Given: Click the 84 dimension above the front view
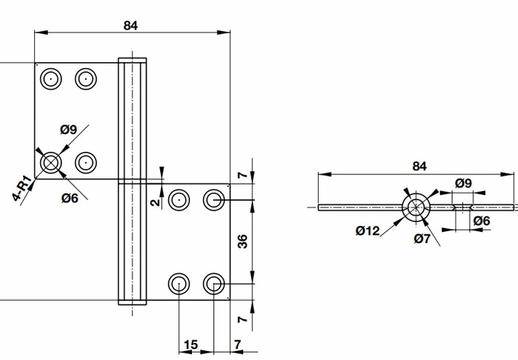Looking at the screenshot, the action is (130, 25).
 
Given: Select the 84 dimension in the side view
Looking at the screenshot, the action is (419, 166).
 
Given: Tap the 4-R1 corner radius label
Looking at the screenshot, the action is (22, 189).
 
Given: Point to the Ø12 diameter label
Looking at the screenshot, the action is (368, 230).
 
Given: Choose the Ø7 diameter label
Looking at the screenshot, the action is (422, 238).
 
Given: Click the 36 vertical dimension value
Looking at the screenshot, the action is (242, 241).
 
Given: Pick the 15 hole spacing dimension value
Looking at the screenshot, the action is (190, 344).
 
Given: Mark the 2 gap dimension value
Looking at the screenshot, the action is (155, 202).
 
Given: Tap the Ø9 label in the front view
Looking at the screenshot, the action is (68, 130).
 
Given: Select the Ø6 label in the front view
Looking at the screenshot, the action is (70, 199).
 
